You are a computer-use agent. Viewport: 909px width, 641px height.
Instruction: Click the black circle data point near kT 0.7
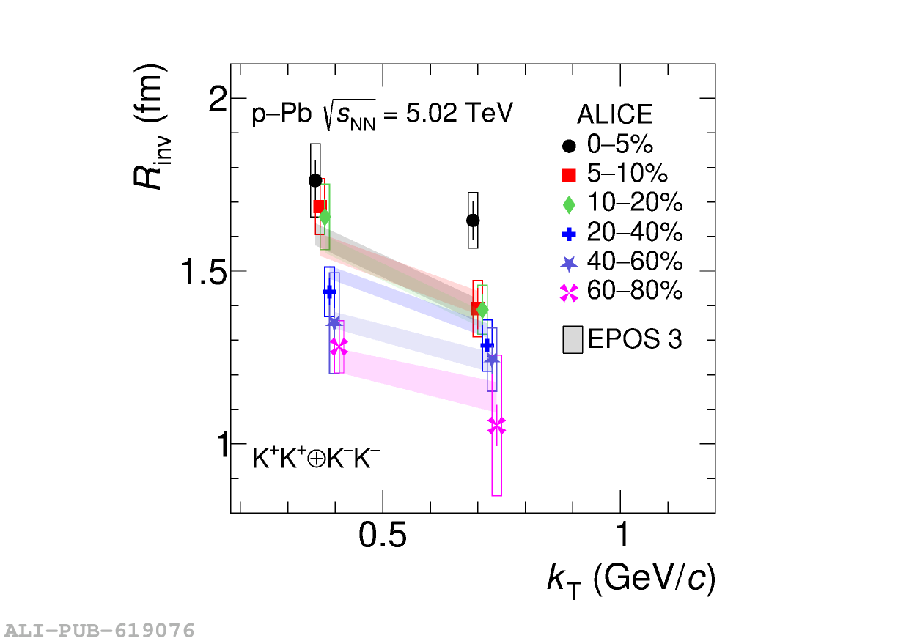[473, 220]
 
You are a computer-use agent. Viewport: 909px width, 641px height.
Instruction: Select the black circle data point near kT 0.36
[315, 180]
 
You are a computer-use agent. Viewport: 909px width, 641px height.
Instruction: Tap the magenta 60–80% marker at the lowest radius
[496, 426]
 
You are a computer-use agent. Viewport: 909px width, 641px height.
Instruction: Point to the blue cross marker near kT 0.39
[329, 292]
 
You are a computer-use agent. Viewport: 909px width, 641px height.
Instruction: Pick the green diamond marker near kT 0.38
[325, 217]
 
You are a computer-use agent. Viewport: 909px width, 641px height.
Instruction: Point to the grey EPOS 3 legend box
[573, 340]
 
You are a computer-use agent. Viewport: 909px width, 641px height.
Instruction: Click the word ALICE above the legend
[614, 115]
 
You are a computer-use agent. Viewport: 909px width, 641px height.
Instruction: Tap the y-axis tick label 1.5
[202, 272]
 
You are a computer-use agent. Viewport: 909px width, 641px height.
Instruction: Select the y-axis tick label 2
[217, 100]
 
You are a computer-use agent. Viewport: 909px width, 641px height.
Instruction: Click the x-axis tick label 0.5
[382, 536]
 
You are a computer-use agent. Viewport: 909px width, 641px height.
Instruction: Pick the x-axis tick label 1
[621, 536]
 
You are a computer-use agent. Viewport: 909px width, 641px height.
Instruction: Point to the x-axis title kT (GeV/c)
[630, 580]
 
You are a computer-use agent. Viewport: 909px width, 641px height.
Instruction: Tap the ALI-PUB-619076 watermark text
[100, 630]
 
